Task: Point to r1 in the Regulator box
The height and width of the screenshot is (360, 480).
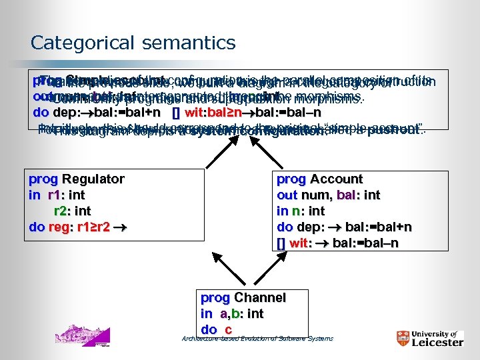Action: pos(56,194)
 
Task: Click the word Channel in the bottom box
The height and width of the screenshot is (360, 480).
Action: pos(260,298)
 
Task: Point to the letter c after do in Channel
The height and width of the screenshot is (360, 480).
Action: pos(228,329)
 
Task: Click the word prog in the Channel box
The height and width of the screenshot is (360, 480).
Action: pos(215,298)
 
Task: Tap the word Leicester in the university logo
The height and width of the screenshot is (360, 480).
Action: pos(437,343)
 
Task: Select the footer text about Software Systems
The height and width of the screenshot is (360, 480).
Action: pos(257,339)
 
